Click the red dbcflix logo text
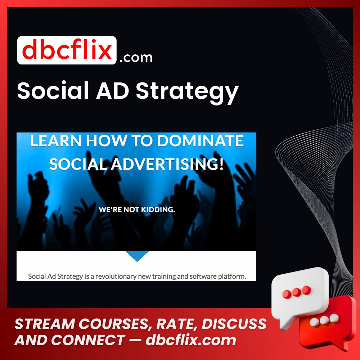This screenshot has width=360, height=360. [x=67, y=50]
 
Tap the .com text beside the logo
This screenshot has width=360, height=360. [x=136, y=57]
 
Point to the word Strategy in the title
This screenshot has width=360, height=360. [x=187, y=92]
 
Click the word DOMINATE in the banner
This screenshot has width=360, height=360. [x=201, y=141]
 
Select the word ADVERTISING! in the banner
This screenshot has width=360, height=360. [x=167, y=164]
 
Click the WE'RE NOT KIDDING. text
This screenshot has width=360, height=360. [x=137, y=210]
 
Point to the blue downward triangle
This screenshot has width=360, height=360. [x=137, y=255]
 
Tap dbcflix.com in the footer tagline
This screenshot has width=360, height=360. [x=191, y=340]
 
